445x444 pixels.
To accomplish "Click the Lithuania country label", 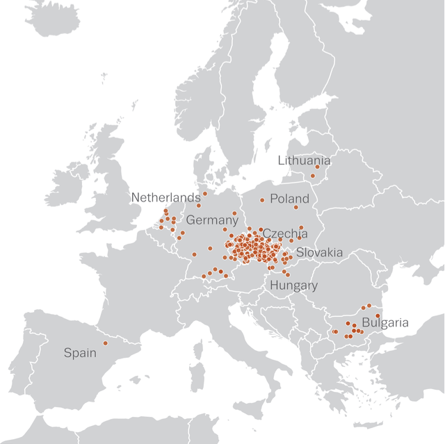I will pyautogui.click(x=304, y=161).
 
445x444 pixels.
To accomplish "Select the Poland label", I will pyautogui.click(x=289, y=199).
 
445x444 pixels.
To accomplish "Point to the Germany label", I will pyautogui.click(x=212, y=220).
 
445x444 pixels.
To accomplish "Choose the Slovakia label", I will pyautogui.click(x=319, y=252).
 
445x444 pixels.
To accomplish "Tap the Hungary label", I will pyautogui.click(x=293, y=285).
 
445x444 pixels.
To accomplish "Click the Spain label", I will pyautogui.click(x=80, y=352).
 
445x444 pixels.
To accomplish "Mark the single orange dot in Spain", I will pyautogui.click(x=106, y=343).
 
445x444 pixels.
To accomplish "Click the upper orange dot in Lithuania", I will pyautogui.click(x=318, y=167).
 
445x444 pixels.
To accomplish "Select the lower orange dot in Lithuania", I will pyautogui.click(x=313, y=176).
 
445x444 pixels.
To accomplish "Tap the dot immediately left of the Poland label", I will pyautogui.click(x=262, y=200).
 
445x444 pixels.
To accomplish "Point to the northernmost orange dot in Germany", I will pyautogui.click(x=205, y=193).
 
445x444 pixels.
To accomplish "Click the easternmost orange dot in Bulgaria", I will pyautogui.click(x=378, y=316).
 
